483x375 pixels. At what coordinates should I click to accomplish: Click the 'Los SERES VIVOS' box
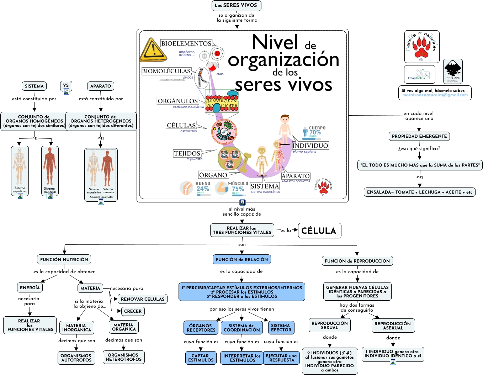tap(236, 5)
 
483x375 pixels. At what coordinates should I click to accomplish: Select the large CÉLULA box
tap(319, 231)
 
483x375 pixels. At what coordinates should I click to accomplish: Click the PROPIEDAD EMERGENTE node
tap(419, 136)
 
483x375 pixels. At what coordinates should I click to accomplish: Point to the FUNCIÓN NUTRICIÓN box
tap(64, 259)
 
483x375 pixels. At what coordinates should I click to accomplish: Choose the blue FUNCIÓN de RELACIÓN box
tap(242, 259)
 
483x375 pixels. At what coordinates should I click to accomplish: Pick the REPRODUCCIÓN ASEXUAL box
tap(393, 326)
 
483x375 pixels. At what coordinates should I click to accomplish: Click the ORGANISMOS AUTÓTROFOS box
tap(76, 358)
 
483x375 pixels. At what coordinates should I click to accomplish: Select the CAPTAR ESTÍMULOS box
tap(201, 358)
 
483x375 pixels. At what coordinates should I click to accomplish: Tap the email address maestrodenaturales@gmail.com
tap(435, 95)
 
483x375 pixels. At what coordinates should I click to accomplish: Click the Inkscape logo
tap(453, 71)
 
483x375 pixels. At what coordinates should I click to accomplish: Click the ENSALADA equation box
tap(420, 192)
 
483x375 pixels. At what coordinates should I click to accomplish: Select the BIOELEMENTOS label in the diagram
tap(186, 43)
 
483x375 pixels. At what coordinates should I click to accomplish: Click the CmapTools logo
tap(419, 74)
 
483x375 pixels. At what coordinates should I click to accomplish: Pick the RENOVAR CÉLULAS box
tap(143, 299)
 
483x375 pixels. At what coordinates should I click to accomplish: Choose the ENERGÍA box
tap(30, 287)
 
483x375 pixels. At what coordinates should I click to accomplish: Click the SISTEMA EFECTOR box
tap(281, 328)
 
